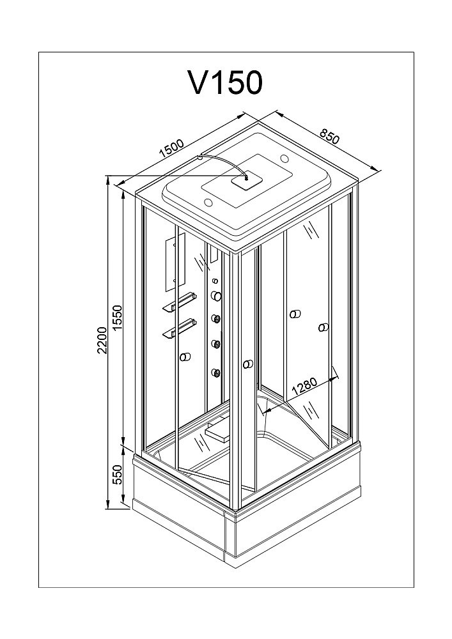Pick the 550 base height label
pos(117,473)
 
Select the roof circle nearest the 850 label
pos(284,158)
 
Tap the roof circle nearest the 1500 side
pos(208,204)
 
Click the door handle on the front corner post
pos(247,364)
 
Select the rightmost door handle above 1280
pos(323,328)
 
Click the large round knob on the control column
pos(216,295)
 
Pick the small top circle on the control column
pos(215,281)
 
